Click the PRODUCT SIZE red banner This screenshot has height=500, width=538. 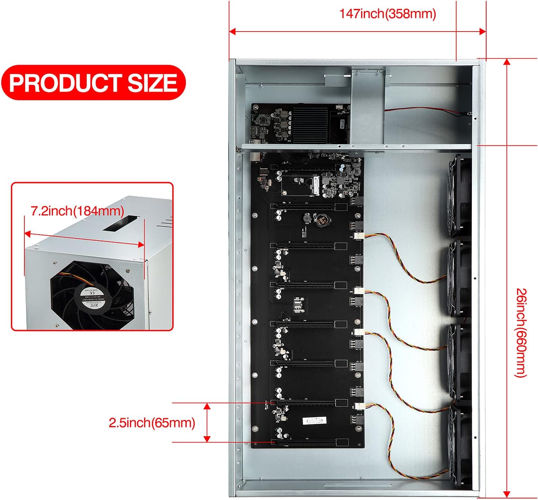(x=93, y=83)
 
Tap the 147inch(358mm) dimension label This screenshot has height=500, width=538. (x=387, y=14)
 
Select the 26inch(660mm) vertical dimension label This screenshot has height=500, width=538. (x=521, y=333)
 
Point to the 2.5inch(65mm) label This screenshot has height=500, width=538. (x=152, y=423)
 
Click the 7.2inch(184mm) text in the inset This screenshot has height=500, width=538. (x=77, y=211)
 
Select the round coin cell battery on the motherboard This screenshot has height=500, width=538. (x=321, y=220)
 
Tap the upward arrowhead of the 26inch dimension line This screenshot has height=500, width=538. (x=507, y=62)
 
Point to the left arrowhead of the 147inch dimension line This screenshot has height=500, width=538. (x=232, y=31)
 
